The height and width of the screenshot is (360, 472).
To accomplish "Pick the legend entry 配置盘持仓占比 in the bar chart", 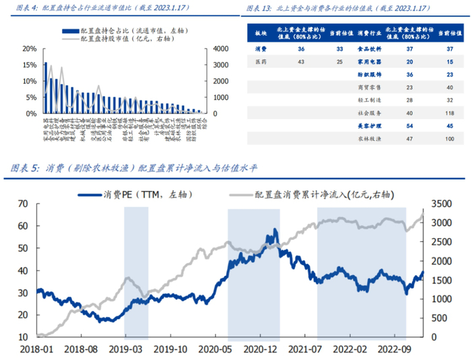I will pos(121,30).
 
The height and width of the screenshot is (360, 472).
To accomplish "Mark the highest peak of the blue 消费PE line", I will pos(275,232).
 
